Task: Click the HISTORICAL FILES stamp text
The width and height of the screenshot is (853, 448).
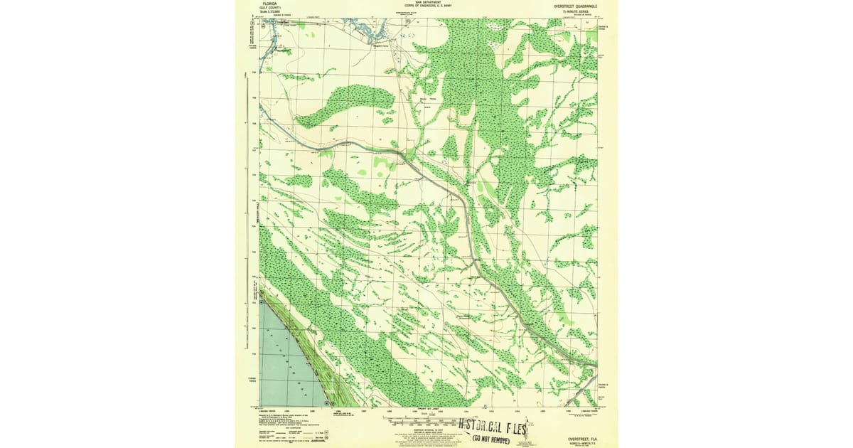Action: click(493, 428)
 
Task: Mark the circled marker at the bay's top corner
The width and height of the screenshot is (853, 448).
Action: click(262, 292)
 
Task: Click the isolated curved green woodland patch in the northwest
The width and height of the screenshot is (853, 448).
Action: click(345, 103)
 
